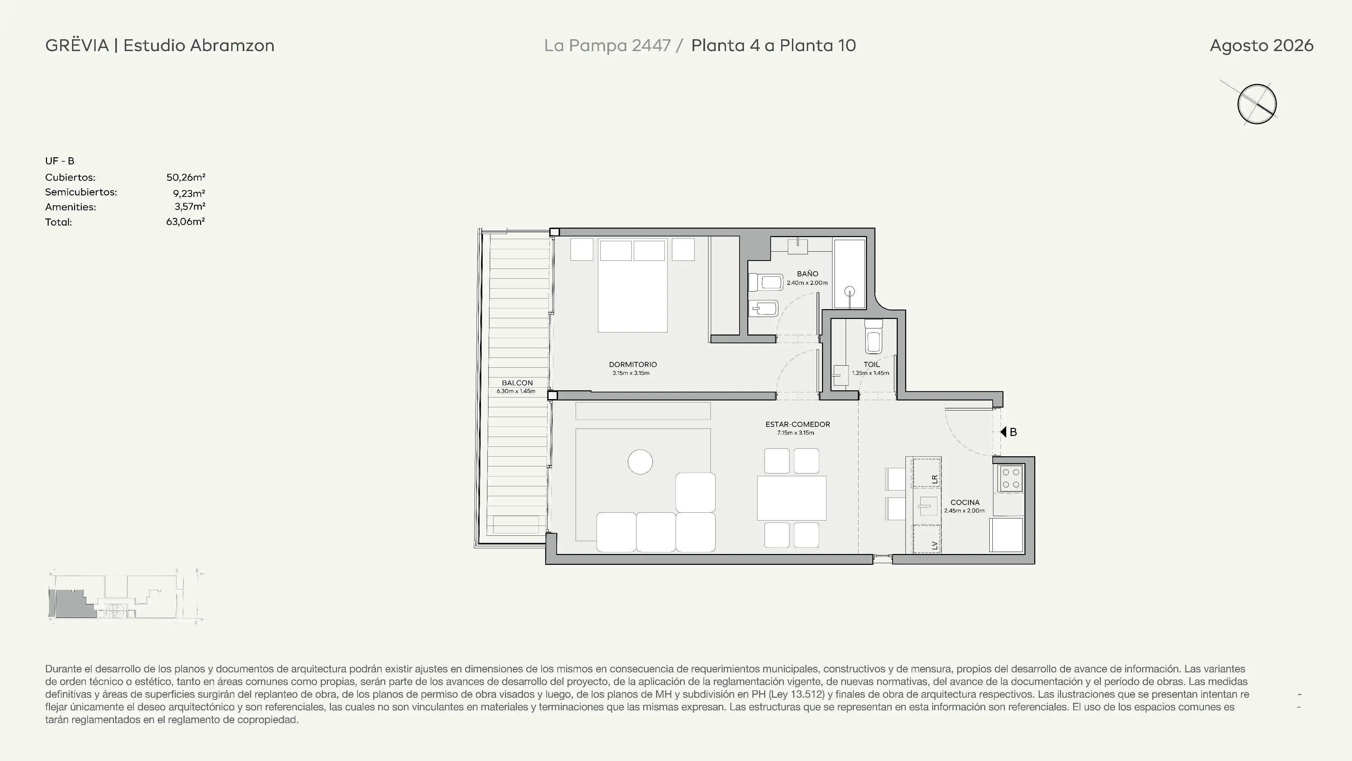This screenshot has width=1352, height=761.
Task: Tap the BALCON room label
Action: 517,383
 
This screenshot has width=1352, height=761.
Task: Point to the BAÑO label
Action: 807,274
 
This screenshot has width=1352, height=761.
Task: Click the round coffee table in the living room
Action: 640,462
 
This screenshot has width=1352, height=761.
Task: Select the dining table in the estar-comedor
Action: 792,498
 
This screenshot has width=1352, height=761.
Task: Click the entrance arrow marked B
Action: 1003,432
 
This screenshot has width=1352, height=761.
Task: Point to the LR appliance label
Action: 934,479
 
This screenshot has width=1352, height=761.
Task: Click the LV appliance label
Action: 934,546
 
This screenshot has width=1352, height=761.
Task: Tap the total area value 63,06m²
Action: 185,222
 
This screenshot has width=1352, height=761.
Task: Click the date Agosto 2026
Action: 1261,46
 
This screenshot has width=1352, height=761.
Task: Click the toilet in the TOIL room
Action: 873,337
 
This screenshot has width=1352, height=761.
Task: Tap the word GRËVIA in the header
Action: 77,45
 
